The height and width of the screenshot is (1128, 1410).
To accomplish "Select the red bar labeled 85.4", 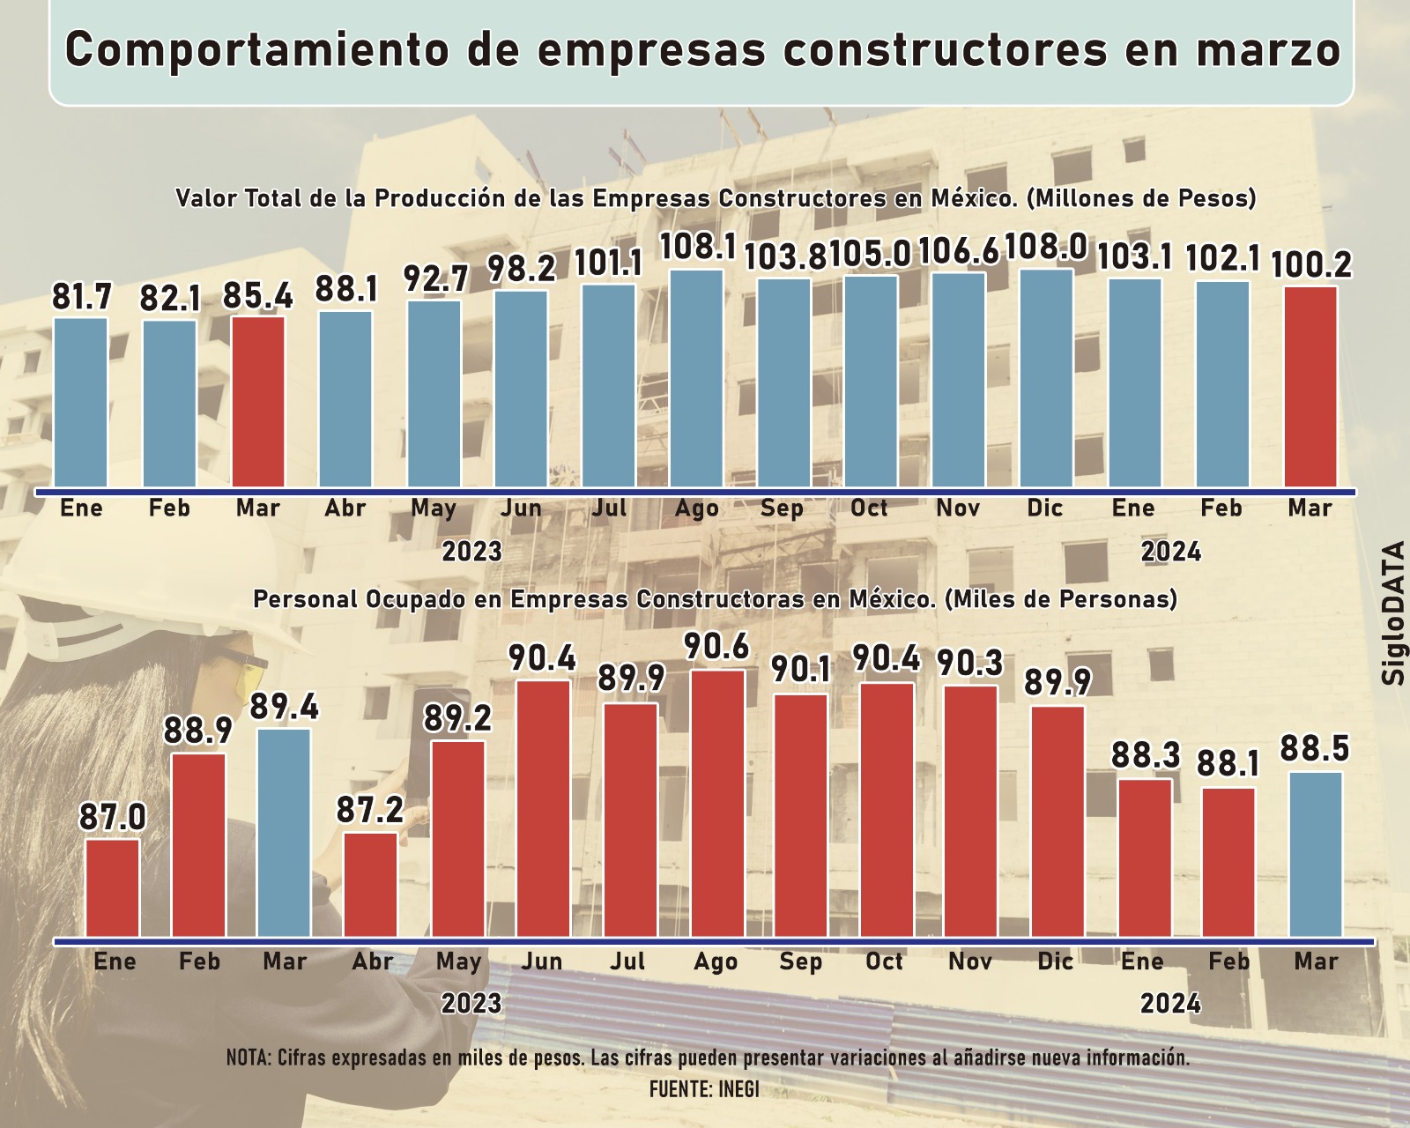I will [258, 401].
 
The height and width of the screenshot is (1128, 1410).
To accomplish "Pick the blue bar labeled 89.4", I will [285, 832].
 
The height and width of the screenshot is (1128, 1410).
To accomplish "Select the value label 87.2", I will [371, 811].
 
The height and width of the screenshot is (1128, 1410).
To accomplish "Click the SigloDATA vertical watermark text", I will [1393, 613].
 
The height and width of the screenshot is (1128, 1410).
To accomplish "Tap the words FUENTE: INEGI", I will [704, 1088].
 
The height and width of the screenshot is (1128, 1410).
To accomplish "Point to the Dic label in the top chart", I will [1045, 508].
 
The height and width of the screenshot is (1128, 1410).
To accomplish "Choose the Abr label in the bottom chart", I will [372, 961].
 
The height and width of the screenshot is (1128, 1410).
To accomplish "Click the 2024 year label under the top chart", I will [1171, 552].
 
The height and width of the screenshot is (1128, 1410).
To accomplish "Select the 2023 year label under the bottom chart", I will [471, 1004].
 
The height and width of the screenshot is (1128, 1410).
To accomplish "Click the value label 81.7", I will [81, 298].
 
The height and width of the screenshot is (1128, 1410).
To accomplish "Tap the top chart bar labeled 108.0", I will [1047, 379].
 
